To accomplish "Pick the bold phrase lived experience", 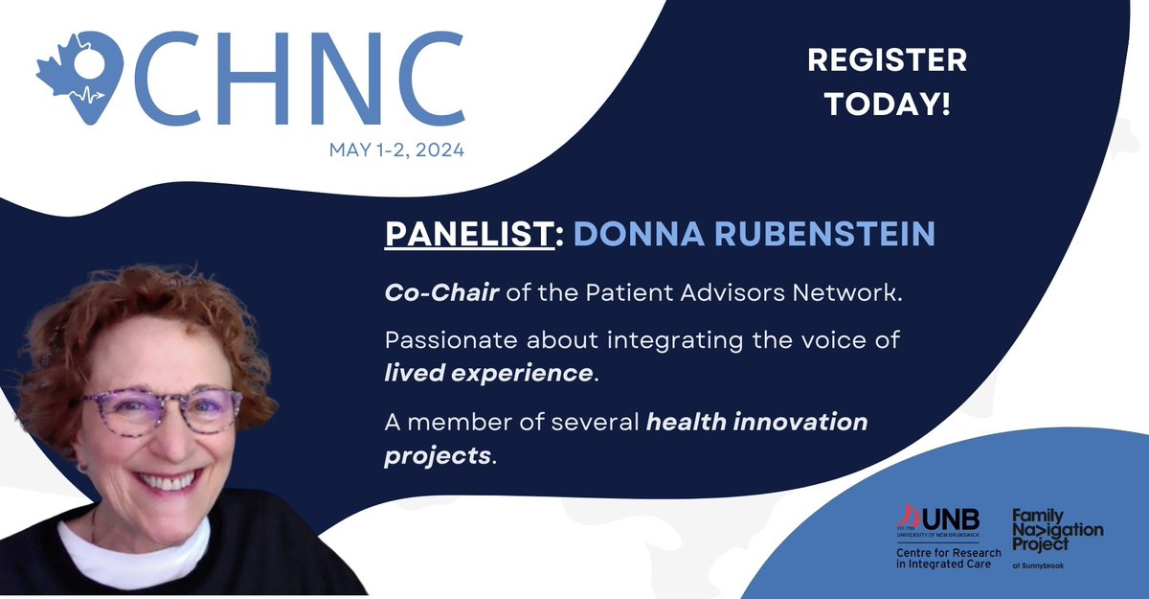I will (x=488, y=373).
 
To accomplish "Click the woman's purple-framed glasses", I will (x=160, y=409).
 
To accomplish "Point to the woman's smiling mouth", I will (x=168, y=481).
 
